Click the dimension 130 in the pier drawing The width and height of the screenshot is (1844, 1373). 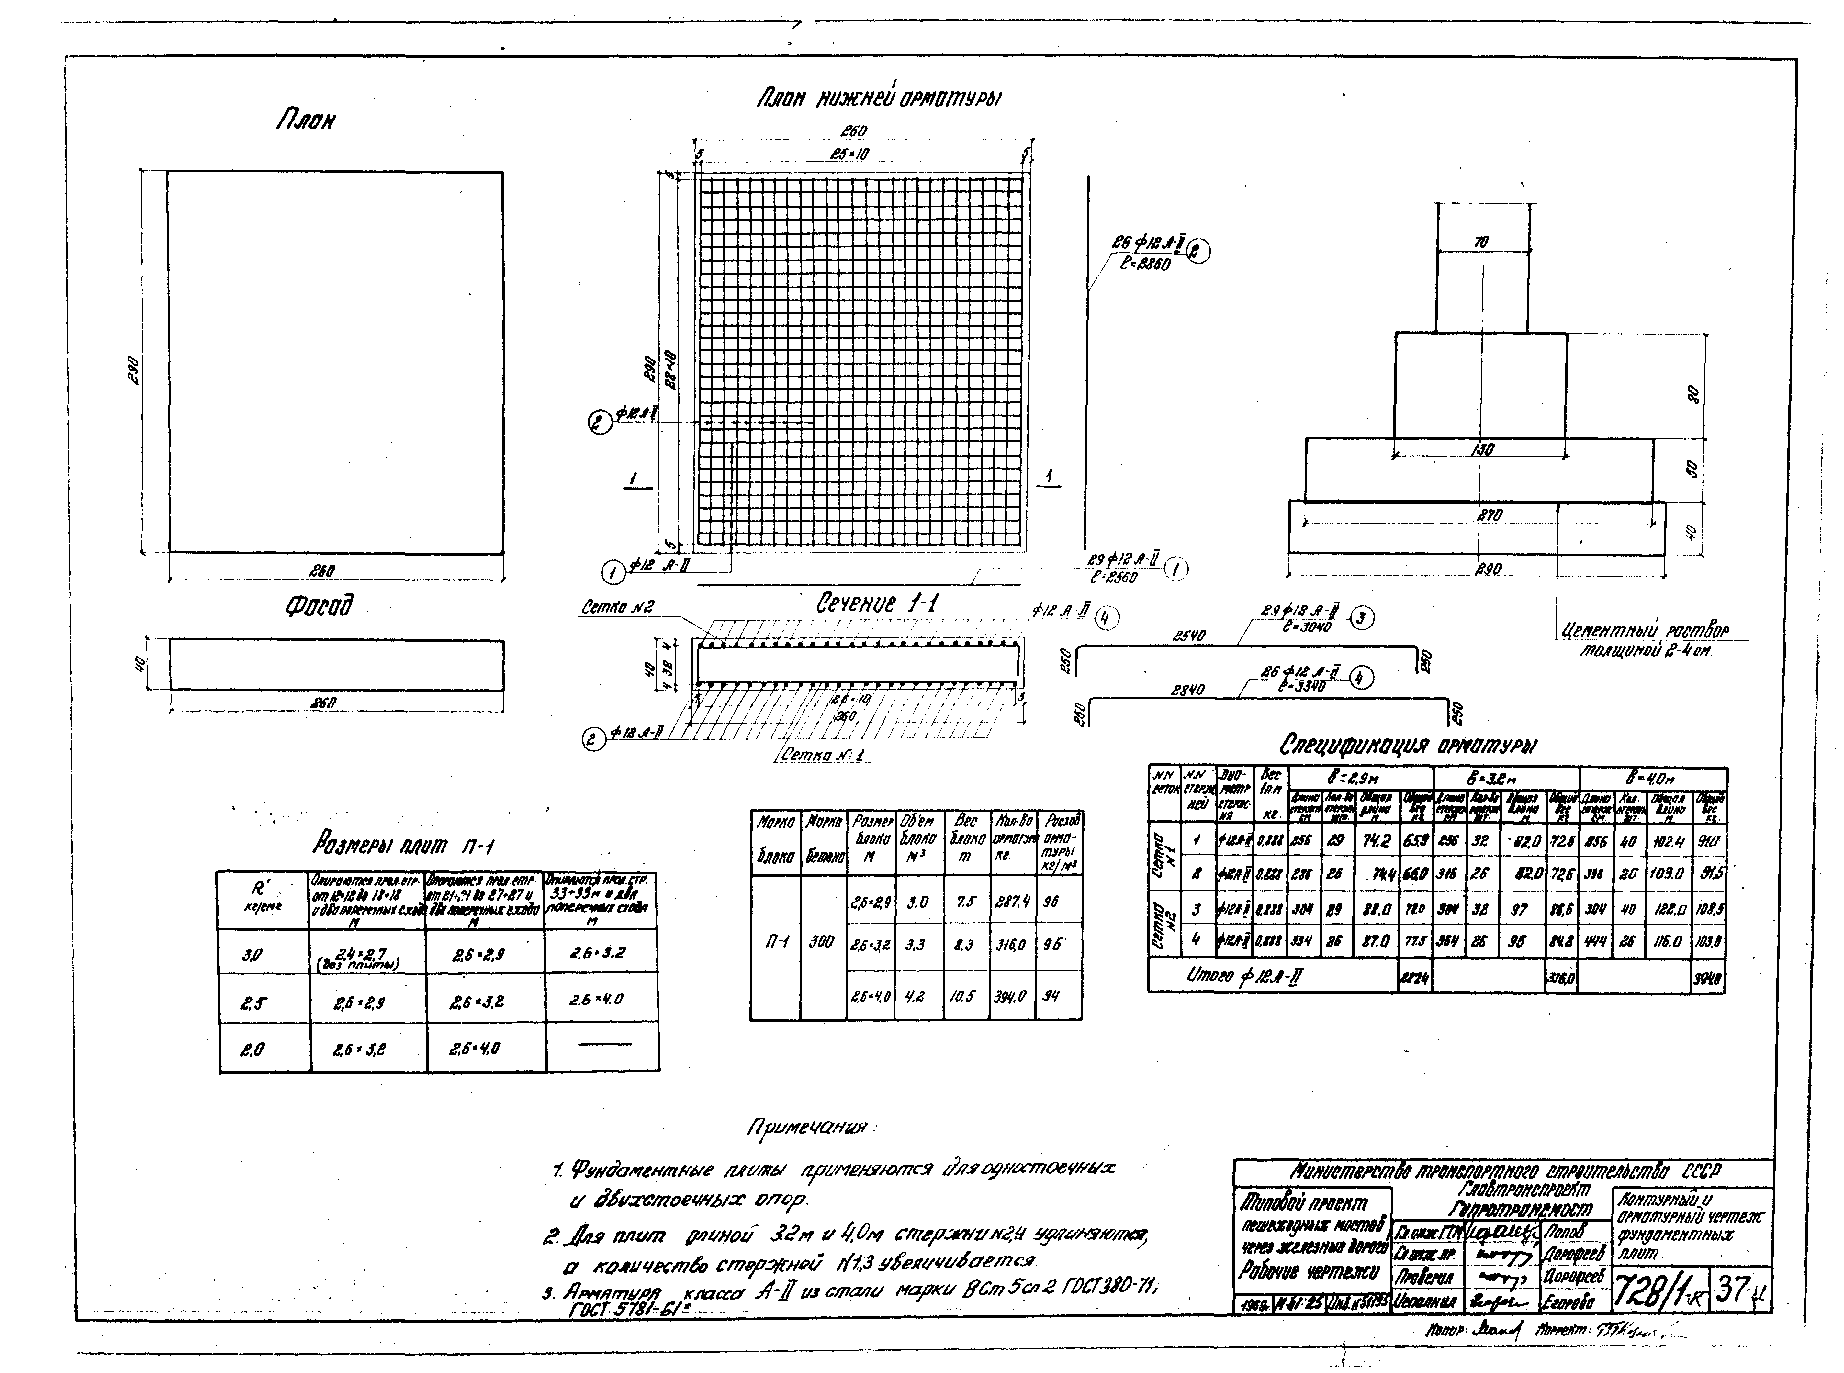click(x=1481, y=450)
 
